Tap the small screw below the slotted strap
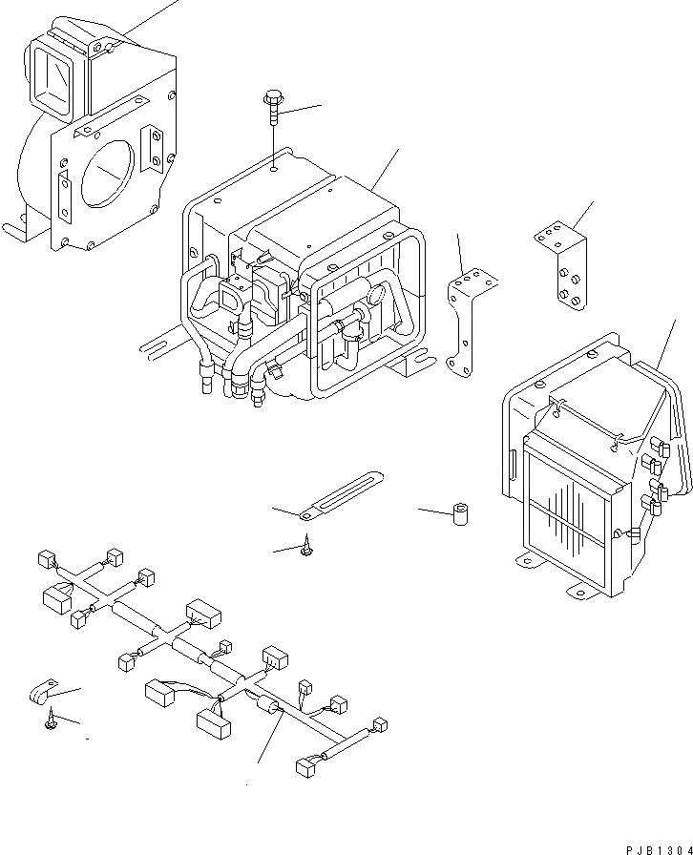[308, 547]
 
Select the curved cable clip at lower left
[42, 695]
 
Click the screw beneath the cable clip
[50, 726]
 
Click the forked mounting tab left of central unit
[157, 342]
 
